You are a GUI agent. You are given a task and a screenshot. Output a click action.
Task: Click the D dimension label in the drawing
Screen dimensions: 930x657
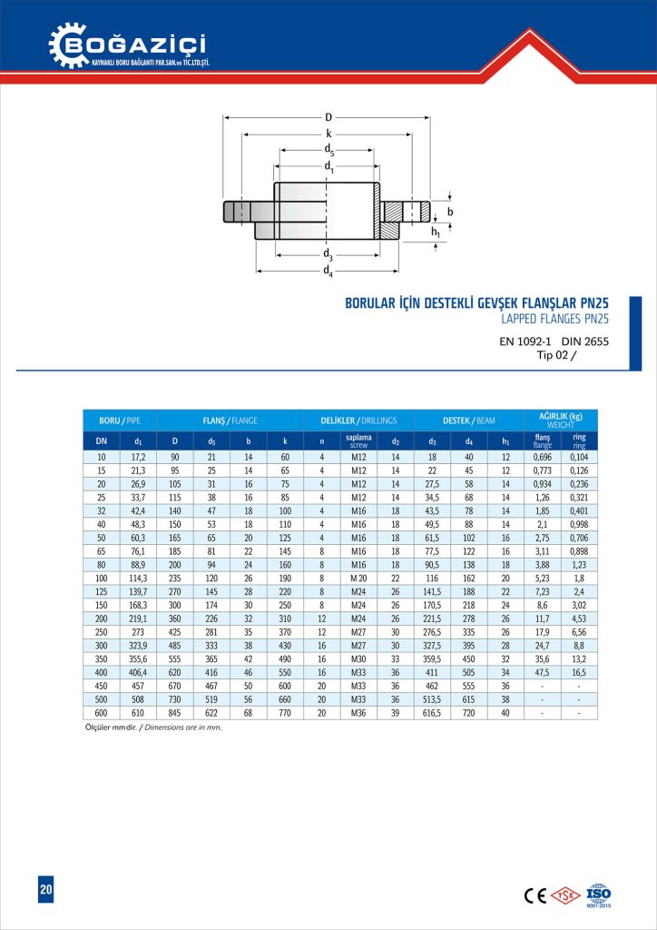(328, 117)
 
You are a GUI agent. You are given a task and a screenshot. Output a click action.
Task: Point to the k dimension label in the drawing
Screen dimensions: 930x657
(328, 134)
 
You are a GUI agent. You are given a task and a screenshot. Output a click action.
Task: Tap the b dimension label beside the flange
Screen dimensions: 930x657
(449, 211)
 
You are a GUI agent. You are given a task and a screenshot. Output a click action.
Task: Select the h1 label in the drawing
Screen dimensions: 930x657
(436, 232)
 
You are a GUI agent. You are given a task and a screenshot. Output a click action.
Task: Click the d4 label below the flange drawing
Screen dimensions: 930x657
(328, 272)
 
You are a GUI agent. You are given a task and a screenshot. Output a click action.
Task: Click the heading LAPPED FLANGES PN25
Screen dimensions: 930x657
(554, 319)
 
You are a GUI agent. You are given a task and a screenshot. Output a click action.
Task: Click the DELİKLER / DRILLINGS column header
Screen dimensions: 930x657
(359, 421)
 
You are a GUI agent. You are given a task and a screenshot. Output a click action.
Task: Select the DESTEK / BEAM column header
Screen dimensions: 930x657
(468, 421)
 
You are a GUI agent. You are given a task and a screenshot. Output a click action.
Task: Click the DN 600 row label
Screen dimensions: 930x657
(101, 713)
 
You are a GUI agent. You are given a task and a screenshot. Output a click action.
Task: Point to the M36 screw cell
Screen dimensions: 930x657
(358, 713)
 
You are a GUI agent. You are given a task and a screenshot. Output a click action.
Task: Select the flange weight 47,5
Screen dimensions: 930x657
(543, 672)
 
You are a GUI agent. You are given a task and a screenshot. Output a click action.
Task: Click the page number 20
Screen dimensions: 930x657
(45, 890)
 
